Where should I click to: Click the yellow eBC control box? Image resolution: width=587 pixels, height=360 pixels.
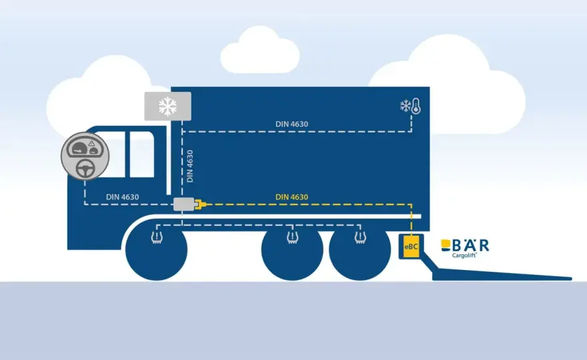pos(411,246)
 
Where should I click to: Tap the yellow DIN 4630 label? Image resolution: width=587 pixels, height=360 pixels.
pos(291,197)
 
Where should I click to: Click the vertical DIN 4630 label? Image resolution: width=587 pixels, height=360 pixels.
pos(190,166)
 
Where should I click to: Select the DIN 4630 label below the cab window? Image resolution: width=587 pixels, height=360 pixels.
pos(123,197)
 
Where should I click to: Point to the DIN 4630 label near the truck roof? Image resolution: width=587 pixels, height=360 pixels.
pos(291,124)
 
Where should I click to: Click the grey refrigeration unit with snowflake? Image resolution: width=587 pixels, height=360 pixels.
pos(167,106)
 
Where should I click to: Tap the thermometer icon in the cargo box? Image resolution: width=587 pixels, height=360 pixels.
pos(416,106)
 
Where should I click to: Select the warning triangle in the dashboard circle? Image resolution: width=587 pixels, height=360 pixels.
pos(92,143)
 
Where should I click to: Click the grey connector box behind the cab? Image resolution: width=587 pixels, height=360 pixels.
pos(183,204)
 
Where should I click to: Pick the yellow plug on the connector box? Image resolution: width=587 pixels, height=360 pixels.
pos(200,204)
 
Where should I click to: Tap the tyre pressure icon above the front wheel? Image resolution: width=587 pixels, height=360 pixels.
pos(157,237)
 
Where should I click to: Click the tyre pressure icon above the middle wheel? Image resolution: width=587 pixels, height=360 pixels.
pos(292,237)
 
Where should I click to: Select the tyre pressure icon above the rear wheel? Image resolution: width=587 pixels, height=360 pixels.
pos(360,237)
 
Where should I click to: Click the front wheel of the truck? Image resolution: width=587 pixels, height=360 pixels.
pos(157,250)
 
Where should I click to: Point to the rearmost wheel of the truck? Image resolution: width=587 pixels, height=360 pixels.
pos(360,250)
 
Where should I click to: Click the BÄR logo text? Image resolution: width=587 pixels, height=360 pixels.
pos(465,245)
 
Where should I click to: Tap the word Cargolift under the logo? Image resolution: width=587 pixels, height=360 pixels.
pos(464,255)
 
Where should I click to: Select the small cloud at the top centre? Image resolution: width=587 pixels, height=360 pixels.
pos(259,51)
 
